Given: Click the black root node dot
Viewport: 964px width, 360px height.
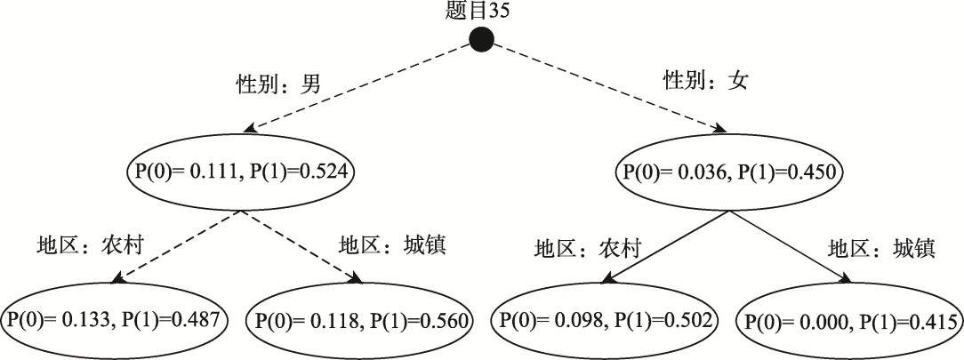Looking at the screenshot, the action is click(481, 40).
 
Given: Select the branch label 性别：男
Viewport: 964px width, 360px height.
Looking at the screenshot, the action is click(279, 84).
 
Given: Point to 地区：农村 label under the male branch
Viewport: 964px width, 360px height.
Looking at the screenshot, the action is click(90, 245).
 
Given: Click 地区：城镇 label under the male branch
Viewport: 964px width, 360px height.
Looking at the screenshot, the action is click(392, 245).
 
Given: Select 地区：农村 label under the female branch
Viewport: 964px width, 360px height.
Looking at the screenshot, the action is click(587, 249).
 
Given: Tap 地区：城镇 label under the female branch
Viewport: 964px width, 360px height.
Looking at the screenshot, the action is click(881, 249).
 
